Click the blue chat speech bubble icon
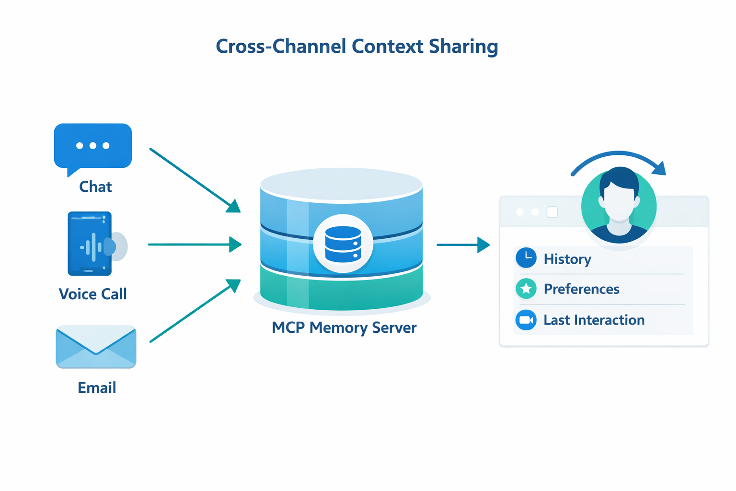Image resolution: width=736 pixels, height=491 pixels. coord(93,146)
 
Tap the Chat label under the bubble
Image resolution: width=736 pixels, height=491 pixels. coord(95,187)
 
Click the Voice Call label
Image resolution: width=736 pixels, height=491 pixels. coord(92,294)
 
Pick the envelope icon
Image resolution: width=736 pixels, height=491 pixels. coord(96,347)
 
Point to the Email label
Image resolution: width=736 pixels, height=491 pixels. coord(97,387)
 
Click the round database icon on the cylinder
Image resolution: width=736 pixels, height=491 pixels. coord(343,244)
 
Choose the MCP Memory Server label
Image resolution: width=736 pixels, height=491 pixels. coord(344,327)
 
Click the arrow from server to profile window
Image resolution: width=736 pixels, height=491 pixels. coord(463,245)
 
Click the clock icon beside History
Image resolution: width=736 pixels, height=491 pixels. coord(526,258)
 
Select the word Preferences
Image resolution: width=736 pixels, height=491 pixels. coord(581,289)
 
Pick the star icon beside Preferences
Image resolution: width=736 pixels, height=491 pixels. coord(526,289)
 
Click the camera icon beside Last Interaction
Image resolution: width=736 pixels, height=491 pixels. coord(526,320)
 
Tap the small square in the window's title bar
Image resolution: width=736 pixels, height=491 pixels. coord(552,212)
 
